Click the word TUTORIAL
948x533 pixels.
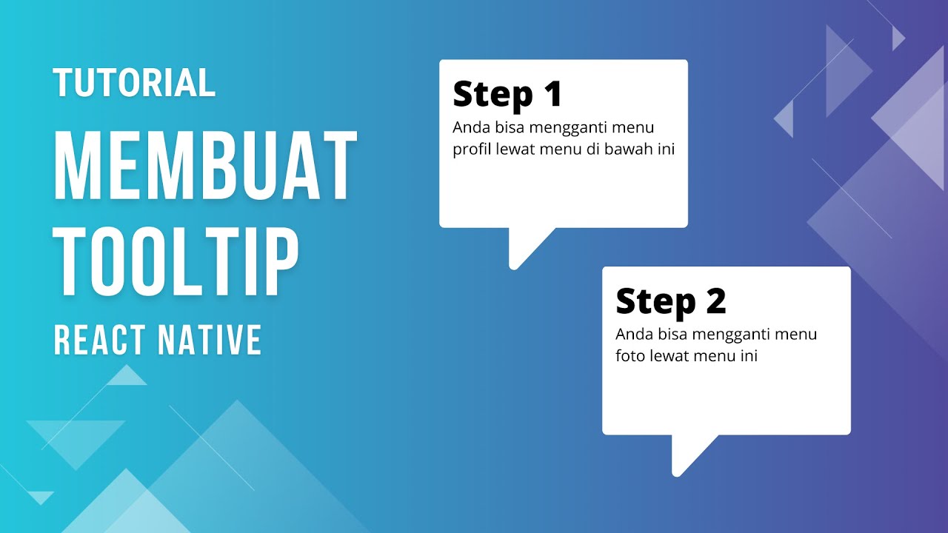(134, 83)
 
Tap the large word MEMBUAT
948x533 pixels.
(205, 168)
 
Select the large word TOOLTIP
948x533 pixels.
(176, 264)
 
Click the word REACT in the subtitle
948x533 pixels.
(100, 340)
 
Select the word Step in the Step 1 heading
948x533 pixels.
(493, 95)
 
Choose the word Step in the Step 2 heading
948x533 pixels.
(656, 303)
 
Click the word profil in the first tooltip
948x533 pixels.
(470, 150)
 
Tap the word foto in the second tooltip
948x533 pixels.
(630, 356)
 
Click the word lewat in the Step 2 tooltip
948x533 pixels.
(669, 356)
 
